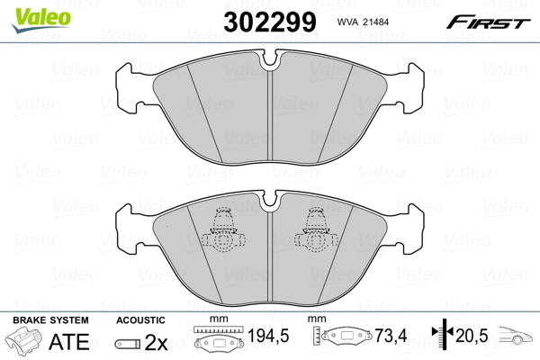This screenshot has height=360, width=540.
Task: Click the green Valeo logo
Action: click(41, 19)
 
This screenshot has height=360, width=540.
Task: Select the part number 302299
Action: click(270, 22)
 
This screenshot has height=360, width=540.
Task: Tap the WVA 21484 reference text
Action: click(363, 22)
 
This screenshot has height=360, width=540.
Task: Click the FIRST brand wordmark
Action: click(488, 22)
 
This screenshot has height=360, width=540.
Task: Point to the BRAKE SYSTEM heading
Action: click(50, 320)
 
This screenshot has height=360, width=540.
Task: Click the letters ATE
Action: click(69, 341)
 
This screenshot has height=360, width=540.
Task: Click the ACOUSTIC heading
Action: click(140, 320)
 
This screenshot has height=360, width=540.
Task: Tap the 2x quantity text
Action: click(156, 342)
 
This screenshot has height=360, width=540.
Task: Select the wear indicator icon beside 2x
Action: click(128, 344)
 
